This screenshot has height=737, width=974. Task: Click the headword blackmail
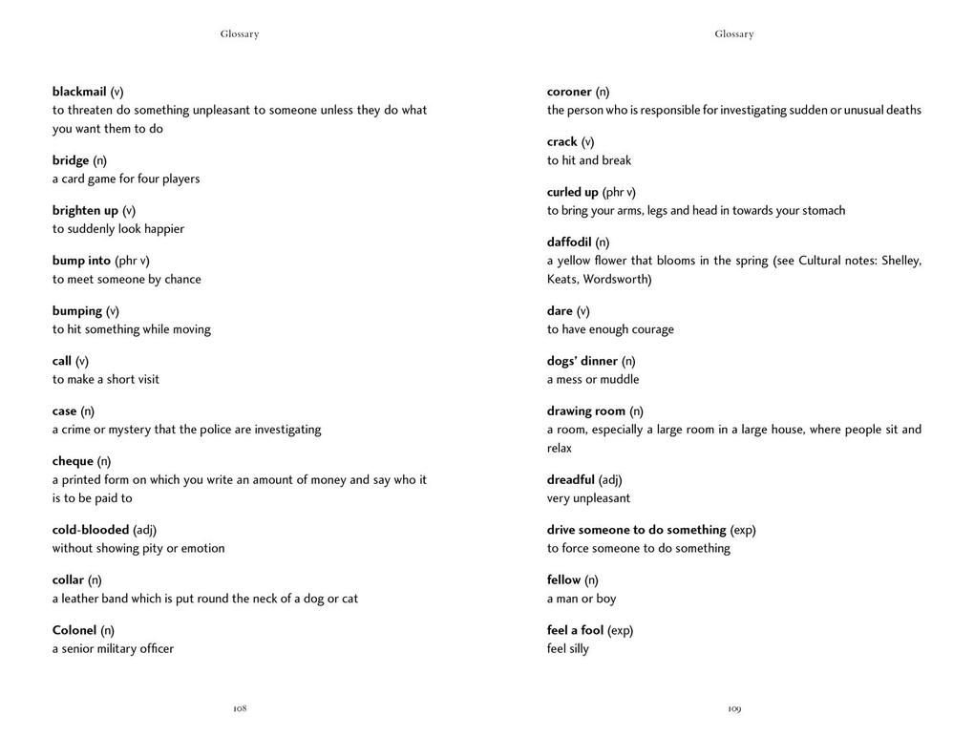tap(79, 92)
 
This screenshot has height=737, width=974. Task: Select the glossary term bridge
tap(71, 160)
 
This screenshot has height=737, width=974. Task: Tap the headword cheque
tap(73, 461)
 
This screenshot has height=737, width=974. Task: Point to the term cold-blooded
tap(91, 530)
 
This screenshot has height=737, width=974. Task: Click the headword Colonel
tap(74, 630)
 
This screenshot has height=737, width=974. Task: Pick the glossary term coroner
tap(569, 92)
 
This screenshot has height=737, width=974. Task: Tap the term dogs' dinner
tap(582, 361)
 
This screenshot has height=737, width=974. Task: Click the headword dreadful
tap(571, 479)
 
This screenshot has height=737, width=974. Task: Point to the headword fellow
tap(563, 579)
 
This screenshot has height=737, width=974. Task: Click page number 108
tap(240, 708)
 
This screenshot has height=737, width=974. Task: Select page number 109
tap(734, 708)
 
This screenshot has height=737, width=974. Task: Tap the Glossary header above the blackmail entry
tap(240, 34)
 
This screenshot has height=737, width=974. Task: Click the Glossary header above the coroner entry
tap(734, 34)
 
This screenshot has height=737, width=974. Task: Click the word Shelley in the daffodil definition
tap(900, 261)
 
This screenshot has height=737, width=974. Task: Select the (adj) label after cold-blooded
tap(144, 530)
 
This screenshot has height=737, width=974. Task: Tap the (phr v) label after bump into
tap(132, 261)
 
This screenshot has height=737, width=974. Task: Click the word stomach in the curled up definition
tap(823, 211)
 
